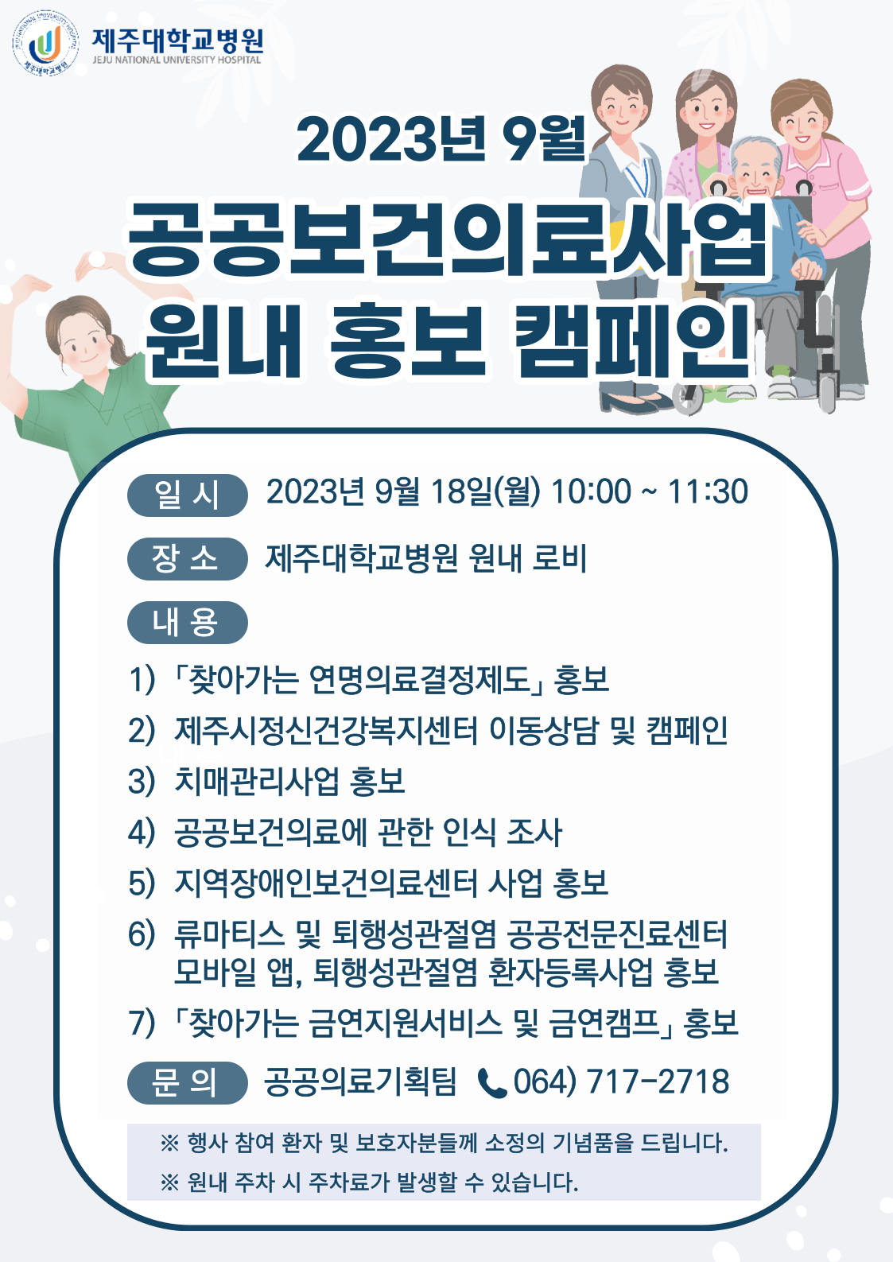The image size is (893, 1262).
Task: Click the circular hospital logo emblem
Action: click(45, 43)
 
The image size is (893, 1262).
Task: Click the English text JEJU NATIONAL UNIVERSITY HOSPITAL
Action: click(177, 60)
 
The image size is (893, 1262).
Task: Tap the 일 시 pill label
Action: click(188, 495)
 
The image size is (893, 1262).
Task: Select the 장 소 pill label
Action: click(188, 559)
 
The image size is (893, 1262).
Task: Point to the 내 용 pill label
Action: click(188, 623)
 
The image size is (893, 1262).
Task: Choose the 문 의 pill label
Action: click(188, 1083)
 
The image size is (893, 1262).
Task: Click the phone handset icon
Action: click(492, 1083)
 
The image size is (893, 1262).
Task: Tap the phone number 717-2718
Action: click(658, 1081)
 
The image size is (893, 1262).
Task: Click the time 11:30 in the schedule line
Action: click(708, 491)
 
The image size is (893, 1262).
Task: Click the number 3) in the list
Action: click(142, 782)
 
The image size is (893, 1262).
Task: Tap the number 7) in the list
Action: click(142, 1023)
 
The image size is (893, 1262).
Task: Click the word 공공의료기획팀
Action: click(360, 1081)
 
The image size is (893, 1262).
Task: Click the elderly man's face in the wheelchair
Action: click(755, 171)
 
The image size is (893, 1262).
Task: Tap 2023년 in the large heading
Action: click(391, 138)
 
